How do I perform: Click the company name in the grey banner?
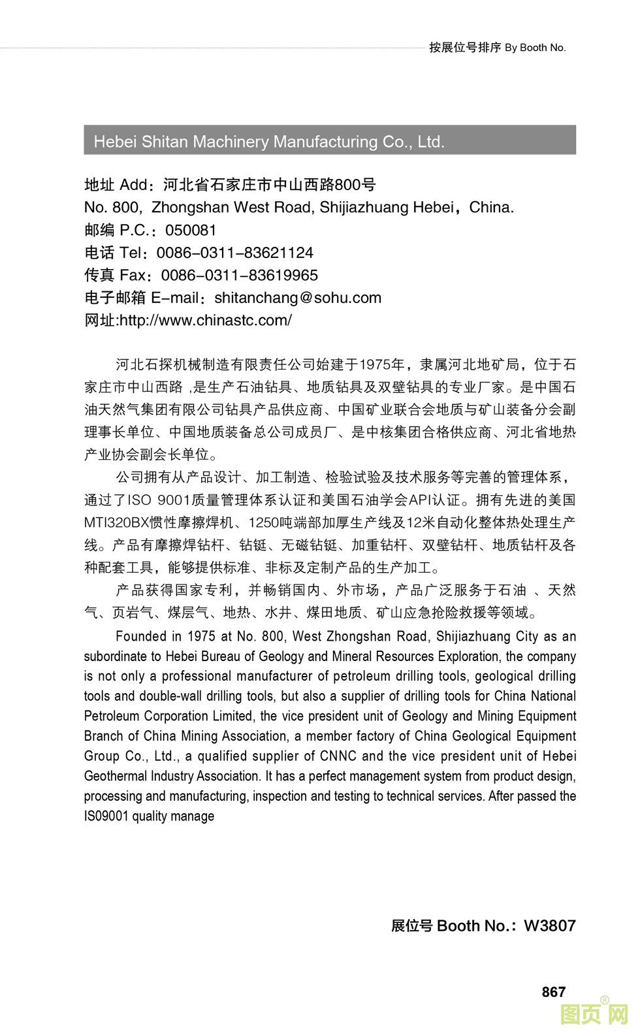coord(268,142)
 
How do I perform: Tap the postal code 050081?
coord(191,231)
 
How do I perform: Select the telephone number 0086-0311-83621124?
coord(234,253)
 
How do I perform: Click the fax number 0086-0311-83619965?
coord(239,276)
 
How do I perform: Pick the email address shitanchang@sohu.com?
coord(298,298)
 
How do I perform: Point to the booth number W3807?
coord(549,926)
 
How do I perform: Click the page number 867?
coord(553,992)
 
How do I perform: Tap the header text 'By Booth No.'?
coord(535,48)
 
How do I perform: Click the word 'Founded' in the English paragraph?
coord(140,636)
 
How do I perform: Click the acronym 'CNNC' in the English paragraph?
coord(338,756)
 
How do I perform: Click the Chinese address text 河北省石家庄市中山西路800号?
coord(269,185)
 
